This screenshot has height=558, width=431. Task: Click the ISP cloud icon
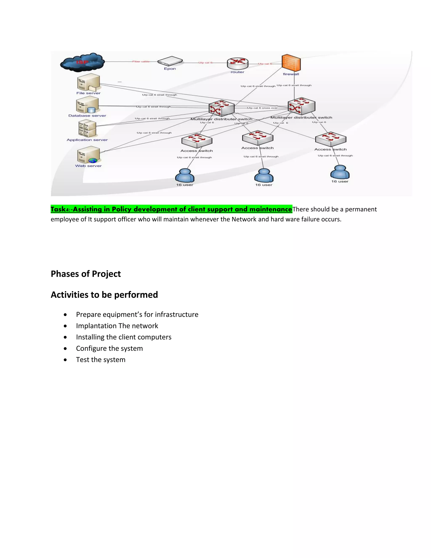coord(82,62)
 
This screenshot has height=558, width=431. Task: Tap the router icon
coord(237,63)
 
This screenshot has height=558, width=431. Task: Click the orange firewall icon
coord(291,63)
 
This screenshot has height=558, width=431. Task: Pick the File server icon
coord(88,82)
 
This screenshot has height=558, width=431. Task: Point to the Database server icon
coord(87,105)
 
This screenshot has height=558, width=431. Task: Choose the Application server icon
coord(87,129)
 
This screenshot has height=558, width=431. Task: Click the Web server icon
coord(88,155)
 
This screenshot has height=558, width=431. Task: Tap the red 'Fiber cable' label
coord(141,61)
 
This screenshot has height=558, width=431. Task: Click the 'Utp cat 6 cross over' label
coord(262,108)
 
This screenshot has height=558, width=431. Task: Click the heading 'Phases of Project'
coord(85,274)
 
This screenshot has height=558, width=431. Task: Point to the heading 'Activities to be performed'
coord(104,295)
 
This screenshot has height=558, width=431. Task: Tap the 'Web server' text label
coord(88,166)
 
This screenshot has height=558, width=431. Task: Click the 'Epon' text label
coord(170,69)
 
